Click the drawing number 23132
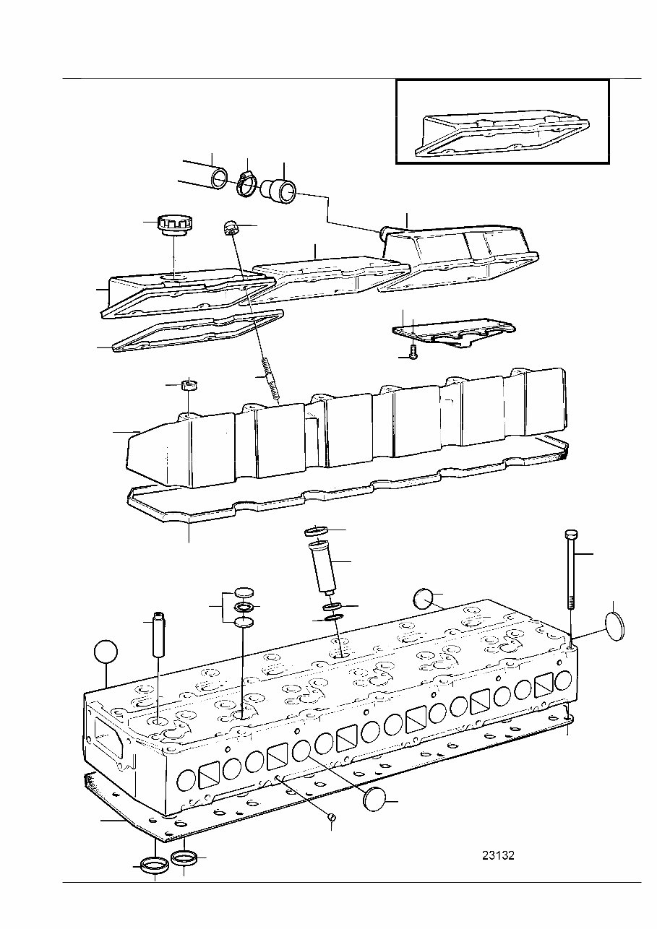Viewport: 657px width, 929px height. coord(498,855)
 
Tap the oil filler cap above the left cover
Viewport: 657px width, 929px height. coord(172,225)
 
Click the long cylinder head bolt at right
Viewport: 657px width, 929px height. coord(570,578)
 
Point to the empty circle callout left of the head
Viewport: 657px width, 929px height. coord(106,652)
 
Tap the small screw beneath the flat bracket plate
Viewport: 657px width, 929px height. coord(413,352)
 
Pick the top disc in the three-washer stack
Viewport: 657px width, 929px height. coord(244,591)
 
